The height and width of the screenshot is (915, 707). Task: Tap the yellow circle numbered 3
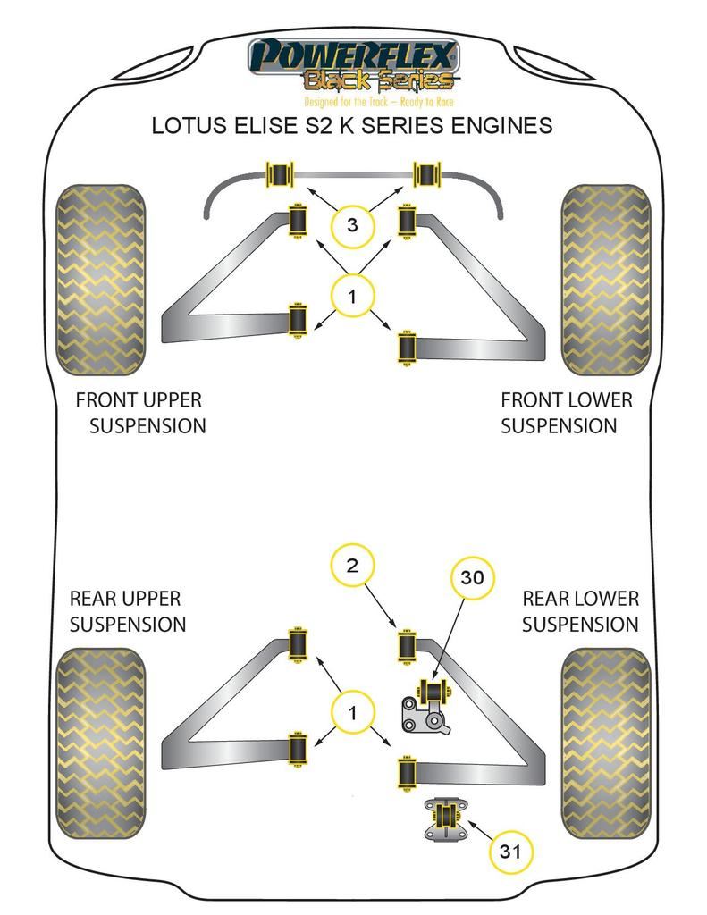click(352, 225)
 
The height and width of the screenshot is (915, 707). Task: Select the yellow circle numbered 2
click(352, 565)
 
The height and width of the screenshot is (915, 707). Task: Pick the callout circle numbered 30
click(472, 578)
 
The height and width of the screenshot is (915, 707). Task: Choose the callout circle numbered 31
click(510, 852)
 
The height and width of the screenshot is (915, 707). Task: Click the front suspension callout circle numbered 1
click(352, 297)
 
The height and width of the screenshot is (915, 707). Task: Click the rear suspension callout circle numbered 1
click(352, 712)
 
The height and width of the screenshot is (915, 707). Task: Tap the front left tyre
click(100, 280)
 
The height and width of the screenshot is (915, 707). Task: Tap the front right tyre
click(605, 280)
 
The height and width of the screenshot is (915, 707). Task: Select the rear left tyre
click(100, 743)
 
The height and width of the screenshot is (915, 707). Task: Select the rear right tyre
click(605, 743)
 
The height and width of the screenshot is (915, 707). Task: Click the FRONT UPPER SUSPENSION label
click(140, 413)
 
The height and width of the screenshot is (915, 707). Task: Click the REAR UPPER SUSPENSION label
click(127, 611)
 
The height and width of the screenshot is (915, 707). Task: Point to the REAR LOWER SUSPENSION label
click(580, 611)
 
